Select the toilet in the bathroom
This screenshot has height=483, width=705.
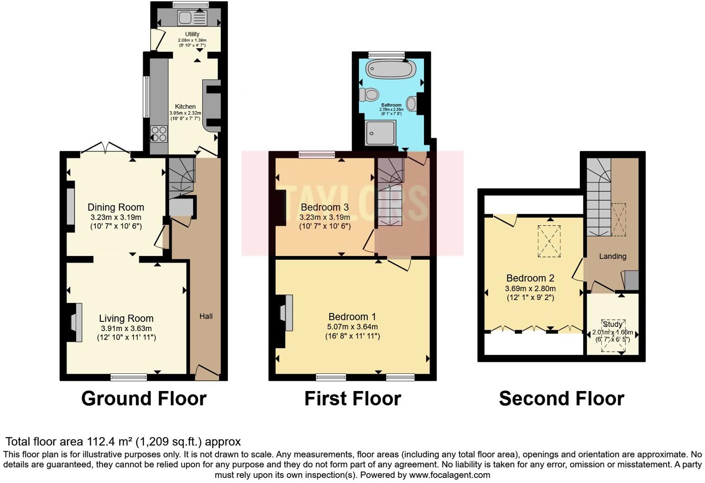[x=369, y=95]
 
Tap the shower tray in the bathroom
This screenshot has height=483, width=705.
[x=380, y=133]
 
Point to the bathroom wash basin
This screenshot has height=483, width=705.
[x=411, y=103]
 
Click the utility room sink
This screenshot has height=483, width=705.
[x=186, y=18]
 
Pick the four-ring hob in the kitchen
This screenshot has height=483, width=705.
[x=159, y=134]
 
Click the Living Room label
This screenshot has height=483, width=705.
[x=126, y=319]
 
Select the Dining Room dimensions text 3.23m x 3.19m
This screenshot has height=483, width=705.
[x=116, y=217]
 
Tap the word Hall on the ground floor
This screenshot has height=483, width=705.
[x=206, y=316]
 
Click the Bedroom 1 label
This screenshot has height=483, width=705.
[x=352, y=317]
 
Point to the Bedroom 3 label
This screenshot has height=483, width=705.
[x=325, y=207]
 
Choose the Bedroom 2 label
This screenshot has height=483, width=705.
[x=530, y=278]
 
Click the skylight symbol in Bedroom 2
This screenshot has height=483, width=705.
[x=549, y=241]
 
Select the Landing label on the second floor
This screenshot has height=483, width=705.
[x=612, y=256]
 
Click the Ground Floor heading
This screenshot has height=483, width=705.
[x=144, y=399]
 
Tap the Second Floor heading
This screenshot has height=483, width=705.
[x=561, y=399]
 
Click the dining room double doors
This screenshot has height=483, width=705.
[x=105, y=147]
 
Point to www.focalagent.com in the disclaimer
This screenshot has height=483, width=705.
[x=449, y=475]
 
